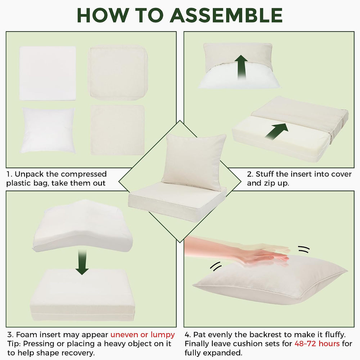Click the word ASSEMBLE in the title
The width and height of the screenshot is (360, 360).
click(226, 15)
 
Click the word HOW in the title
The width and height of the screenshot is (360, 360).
click(102, 15)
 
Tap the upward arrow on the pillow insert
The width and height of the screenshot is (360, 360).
click(241, 67)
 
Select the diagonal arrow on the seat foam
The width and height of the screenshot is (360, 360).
click(276, 131)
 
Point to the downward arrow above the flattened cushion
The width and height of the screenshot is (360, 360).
click(82, 262)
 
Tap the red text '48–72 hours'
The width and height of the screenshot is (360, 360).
click(317, 344)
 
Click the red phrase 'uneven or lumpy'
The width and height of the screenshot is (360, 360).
click(143, 335)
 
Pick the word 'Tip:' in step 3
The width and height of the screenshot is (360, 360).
click(14, 344)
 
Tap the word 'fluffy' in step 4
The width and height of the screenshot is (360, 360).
click(335, 335)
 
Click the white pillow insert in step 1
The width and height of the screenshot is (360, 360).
click(48, 130)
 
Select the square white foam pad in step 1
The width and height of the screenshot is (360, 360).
click(48, 73)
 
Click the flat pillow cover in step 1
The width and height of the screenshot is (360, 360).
click(118, 130)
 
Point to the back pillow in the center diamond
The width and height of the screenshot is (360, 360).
click(194, 162)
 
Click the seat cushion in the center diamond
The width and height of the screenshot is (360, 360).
click(177, 202)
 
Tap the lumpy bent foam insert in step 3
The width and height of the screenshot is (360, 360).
click(83, 226)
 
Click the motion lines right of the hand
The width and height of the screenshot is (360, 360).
click(304, 249)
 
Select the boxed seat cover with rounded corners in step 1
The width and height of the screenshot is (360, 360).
click(118, 73)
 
